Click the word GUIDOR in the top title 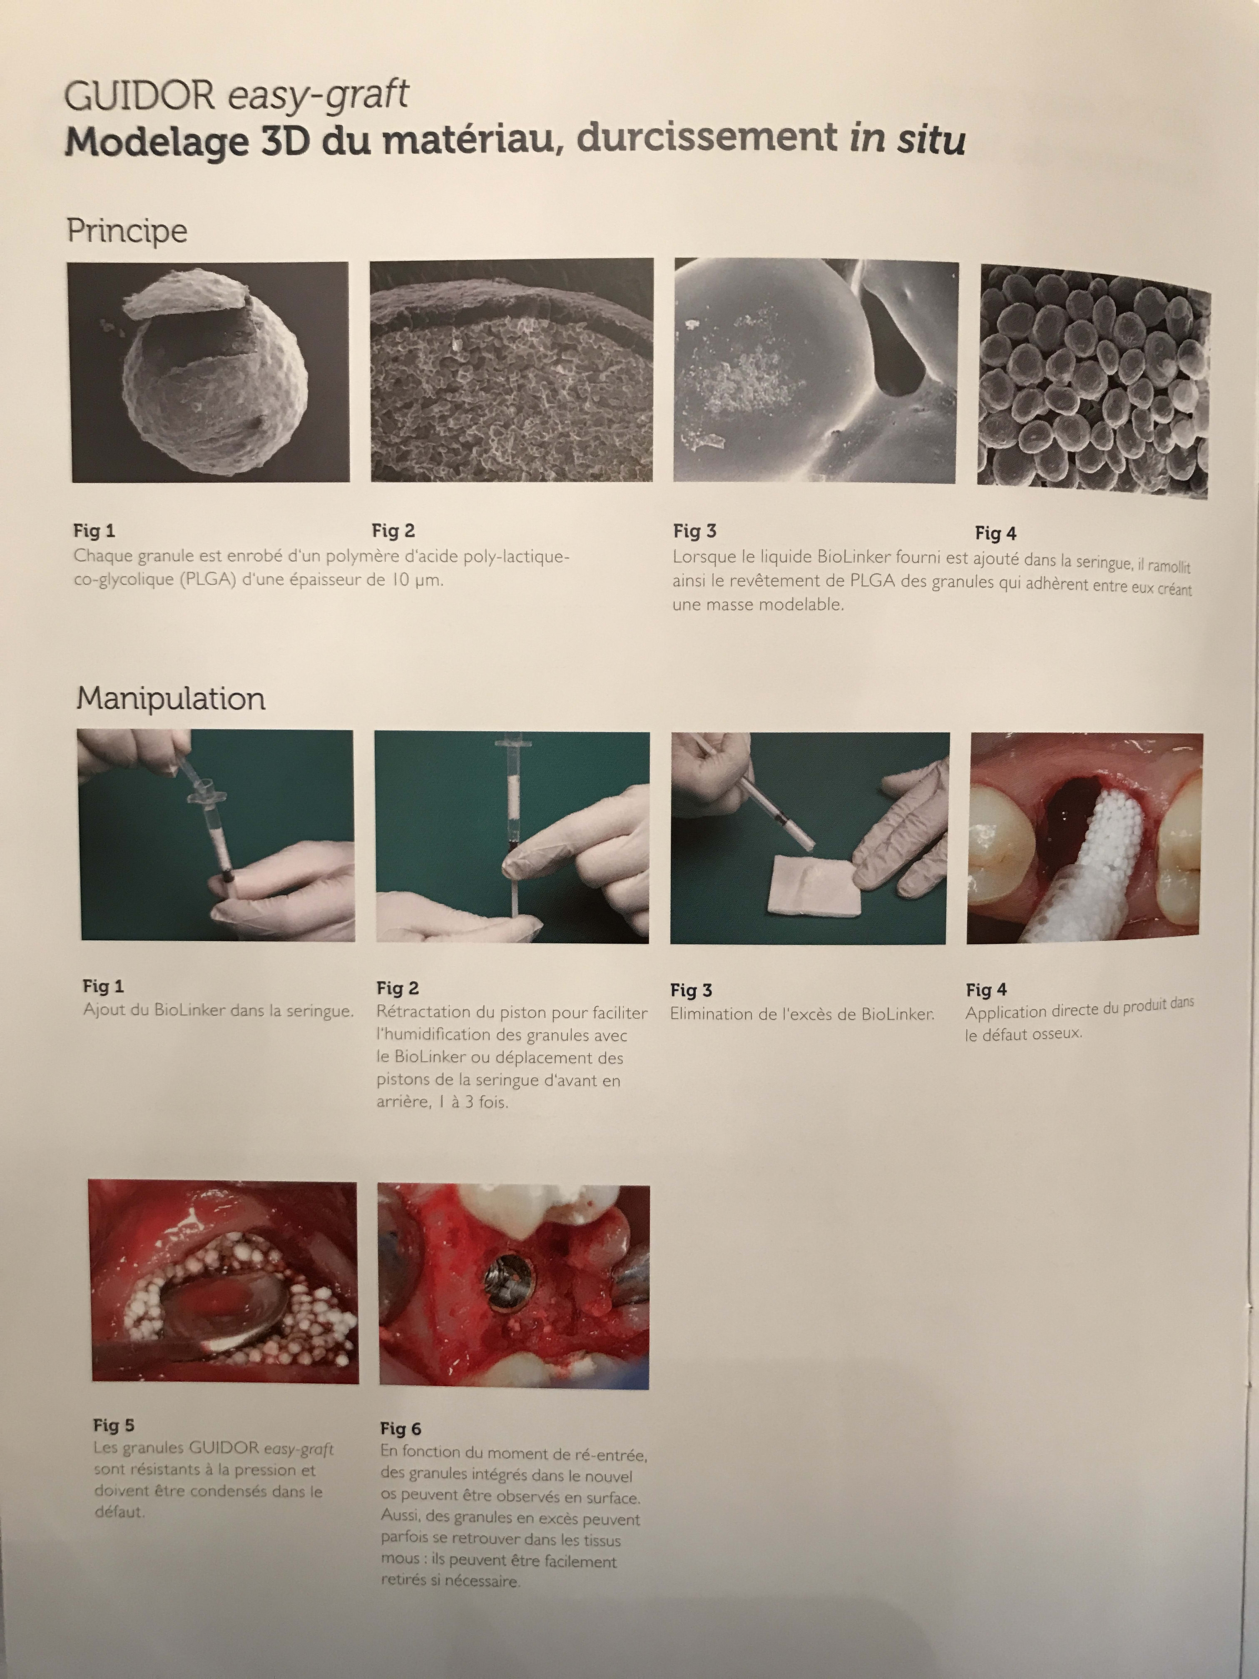tap(140, 97)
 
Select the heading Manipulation tap(171, 698)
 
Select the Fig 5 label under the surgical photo tap(114, 1425)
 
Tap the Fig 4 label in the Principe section tap(995, 533)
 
